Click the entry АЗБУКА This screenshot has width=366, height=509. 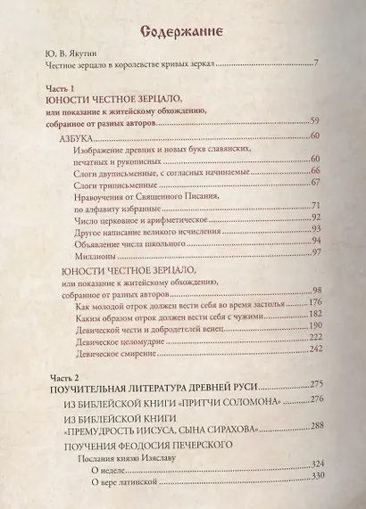pyautogui.click(x=83, y=137)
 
